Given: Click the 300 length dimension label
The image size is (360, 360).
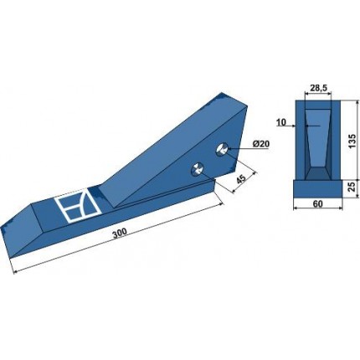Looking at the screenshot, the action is pos(120,232).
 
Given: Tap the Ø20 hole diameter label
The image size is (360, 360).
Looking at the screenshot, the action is pos(261,144).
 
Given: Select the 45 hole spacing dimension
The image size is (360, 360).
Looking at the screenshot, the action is pos(240,178).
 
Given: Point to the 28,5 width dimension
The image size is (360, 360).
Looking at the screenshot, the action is pos(319,89).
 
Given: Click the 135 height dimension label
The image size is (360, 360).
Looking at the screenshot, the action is pos(352,141).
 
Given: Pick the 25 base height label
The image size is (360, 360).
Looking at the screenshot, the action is pos(352,187).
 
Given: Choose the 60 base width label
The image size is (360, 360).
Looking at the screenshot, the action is pos(318,204).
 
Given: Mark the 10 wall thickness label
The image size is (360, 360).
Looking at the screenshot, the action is pos(282,122).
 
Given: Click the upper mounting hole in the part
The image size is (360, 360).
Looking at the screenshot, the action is pos(222,149).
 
